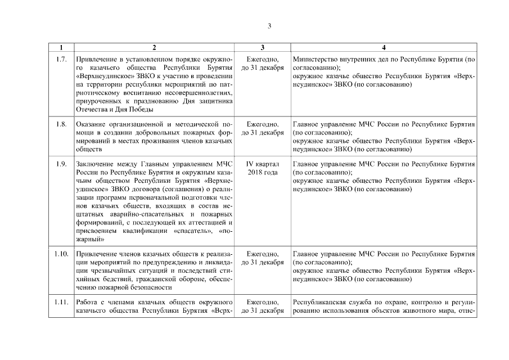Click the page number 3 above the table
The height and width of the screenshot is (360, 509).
click(269, 26)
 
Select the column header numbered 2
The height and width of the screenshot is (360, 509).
click(154, 48)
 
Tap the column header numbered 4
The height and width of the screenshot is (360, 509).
click(384, 48)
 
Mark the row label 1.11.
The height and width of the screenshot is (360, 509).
click(61, 303)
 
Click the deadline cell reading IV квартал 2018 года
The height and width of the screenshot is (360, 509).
click(263, 168)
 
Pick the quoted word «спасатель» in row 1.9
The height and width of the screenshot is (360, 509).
click(193, 231)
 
